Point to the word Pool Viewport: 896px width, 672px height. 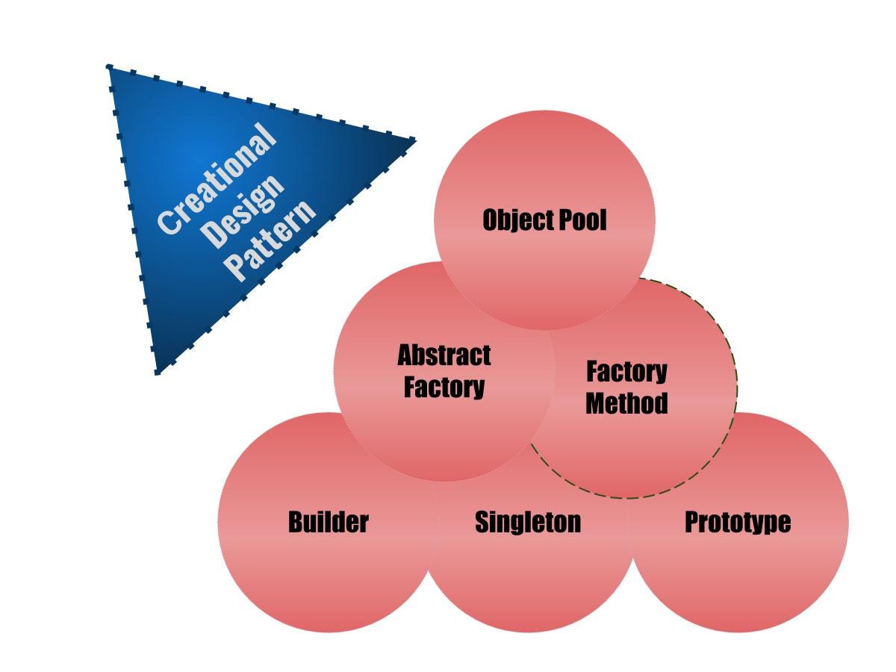(583, 220)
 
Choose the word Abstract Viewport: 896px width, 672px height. (444, 355)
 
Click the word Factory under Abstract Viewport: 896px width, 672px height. (444, 388)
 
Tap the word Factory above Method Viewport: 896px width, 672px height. (626, 371)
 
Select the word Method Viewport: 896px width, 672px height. (626, 403)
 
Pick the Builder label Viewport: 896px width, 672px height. (329, 522)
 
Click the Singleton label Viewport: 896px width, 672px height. (528, 522)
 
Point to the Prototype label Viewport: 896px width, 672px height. (738, 522)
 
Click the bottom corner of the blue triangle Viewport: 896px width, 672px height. (158, 371)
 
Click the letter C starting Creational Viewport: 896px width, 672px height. (168, 223)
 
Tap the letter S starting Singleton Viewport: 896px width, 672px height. (482, 522)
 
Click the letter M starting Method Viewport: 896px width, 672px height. (596, 403)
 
